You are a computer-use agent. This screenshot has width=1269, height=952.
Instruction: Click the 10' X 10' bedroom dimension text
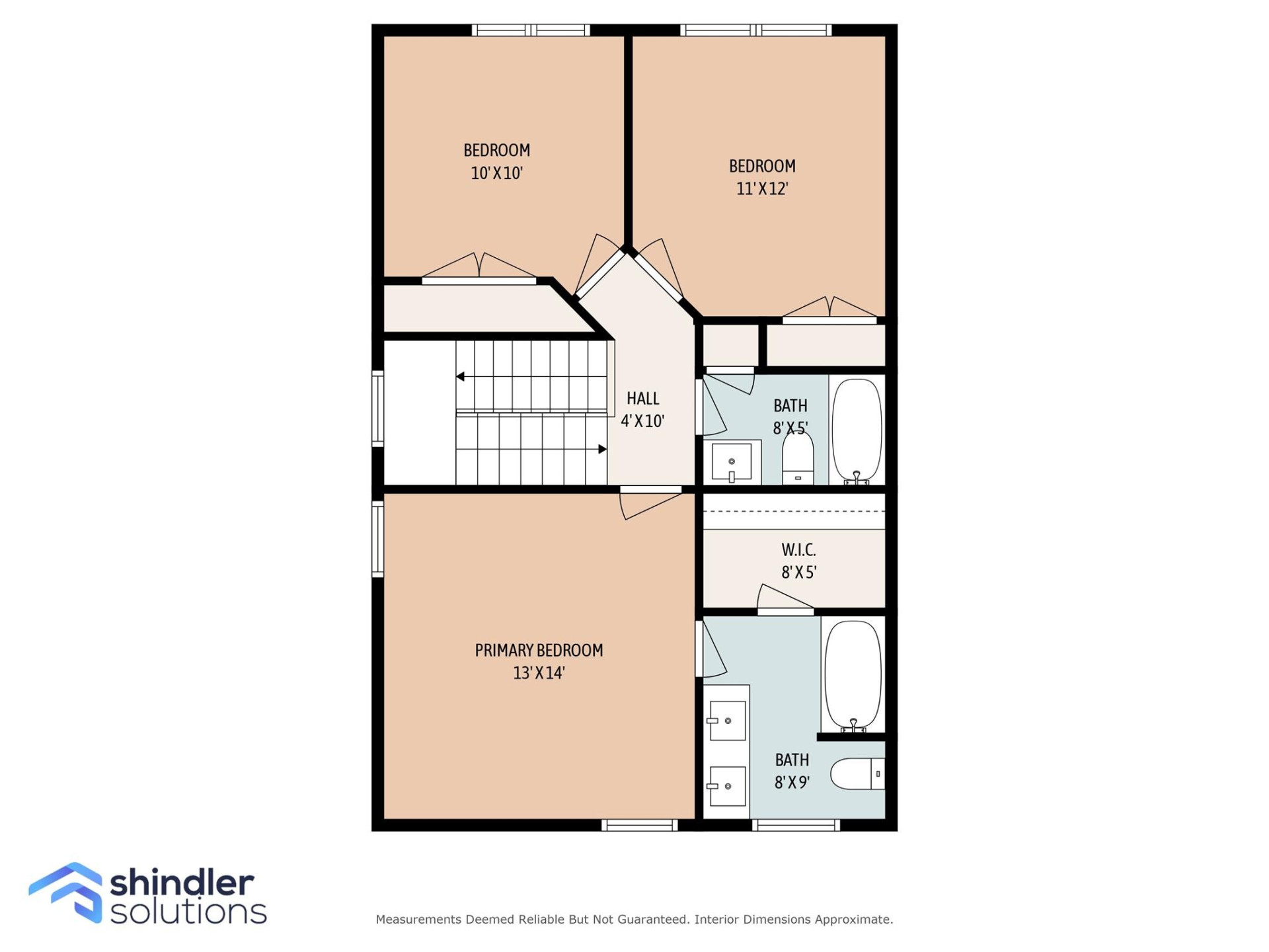point(496,173)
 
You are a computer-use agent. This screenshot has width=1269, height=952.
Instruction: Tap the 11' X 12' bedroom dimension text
point(762,189)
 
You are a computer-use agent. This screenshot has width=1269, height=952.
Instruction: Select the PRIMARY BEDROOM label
point(539,651)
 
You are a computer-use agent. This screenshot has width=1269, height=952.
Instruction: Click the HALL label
point(642,399)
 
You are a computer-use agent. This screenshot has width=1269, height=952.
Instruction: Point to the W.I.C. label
point(798,550)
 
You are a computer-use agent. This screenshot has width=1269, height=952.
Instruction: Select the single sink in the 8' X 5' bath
point(731,461)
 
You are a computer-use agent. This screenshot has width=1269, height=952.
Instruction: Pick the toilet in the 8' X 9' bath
point(857,773)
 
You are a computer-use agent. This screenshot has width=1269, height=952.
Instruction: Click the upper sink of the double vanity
point(727,721)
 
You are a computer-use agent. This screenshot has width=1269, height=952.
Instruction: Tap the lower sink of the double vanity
point(727,786)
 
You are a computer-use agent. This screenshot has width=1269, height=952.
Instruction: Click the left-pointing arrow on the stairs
point(460,377)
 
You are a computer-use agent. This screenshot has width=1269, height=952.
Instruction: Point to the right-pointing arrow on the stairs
point(602,450)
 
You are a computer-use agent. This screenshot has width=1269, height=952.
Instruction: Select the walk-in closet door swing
point(783,598)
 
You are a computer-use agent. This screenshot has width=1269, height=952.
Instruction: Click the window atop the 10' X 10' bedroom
point(531,30)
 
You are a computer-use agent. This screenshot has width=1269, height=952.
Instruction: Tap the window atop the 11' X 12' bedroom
point(756,30)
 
